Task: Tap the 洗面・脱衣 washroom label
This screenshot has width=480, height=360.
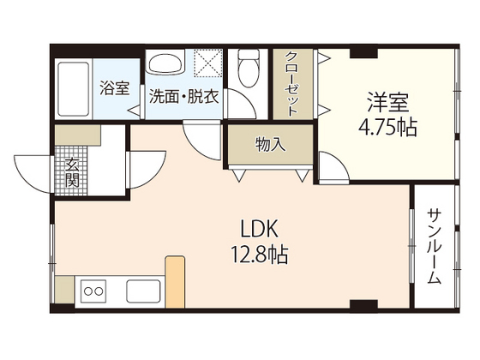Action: click(183, 96)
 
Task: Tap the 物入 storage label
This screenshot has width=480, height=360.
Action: click(269, 145)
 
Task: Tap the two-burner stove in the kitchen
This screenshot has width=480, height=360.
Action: click(93, 291)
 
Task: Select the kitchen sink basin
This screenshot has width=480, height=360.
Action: click(142, 291)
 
